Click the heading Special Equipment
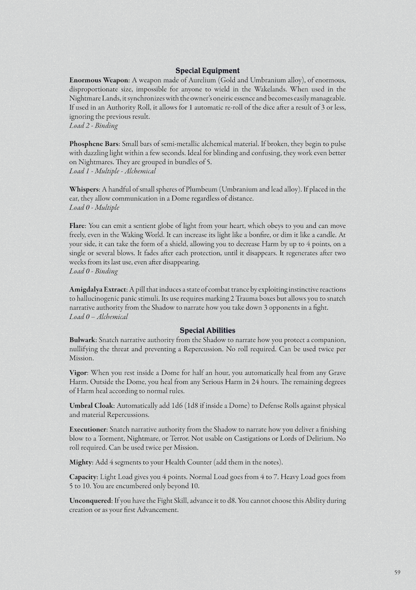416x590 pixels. (207, 71)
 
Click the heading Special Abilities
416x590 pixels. (207, 330)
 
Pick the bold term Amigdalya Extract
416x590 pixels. (98, 289)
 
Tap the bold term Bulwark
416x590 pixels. (82, 340)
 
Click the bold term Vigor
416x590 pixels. (78, 373)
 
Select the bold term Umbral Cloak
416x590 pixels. (91, 405)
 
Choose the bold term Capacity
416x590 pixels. (84, 477)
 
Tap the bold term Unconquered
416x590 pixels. (90, 501)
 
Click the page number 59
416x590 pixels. (397, 572)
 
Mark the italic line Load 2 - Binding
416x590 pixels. (93, 125)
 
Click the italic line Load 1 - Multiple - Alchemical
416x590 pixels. (112, 171)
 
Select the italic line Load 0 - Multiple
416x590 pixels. (94, 207)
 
